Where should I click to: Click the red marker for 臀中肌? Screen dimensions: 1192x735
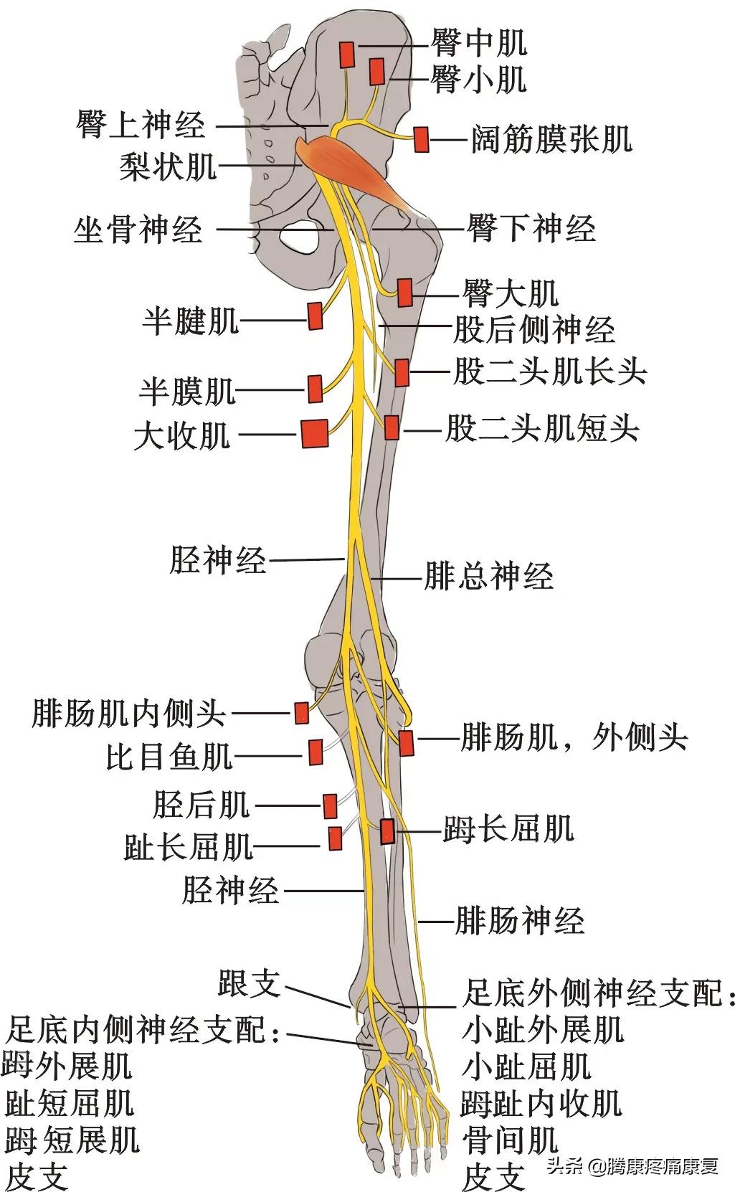[x=347, y=55]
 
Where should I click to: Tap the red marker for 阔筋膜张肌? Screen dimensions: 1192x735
[x=421, y=139]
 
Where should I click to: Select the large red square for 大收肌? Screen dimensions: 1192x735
[x=315, y=433]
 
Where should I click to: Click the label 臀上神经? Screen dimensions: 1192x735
[x=141, y=126]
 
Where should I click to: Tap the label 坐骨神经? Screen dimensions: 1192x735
[x=138, y=230]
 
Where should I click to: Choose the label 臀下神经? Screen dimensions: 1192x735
[x=531, y=229]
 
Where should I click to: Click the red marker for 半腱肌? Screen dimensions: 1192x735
[x=315, y=316]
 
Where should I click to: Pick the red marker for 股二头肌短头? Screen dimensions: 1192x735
[x=392, y=427]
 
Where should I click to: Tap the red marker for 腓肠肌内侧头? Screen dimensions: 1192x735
[x=302, y=713]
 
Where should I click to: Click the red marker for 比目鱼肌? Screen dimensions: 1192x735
[x=315, y=752]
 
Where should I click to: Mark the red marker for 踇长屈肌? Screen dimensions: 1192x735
[x=387, y=831]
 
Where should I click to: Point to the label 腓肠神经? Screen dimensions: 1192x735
[x=520, y=921]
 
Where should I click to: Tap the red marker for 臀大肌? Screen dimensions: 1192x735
[x=405, y=293]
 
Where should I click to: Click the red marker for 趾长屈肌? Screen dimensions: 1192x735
[x=334, y=838]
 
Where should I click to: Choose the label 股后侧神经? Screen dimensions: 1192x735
[x=534, y=330]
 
